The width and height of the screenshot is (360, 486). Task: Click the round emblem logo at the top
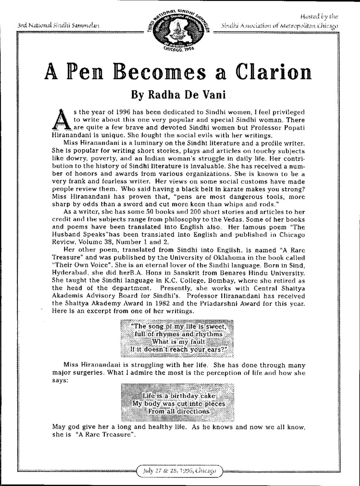[x=180, y=28]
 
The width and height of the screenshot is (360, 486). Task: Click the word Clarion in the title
[x=262, y=72]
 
